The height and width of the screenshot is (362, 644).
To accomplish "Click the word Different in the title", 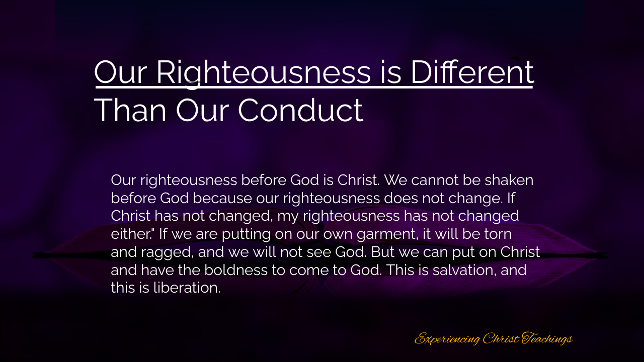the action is click(472, 72).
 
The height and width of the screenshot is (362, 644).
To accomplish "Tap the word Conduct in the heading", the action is click(301, 110).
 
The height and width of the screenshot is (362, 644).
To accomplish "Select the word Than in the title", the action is click(130, 110).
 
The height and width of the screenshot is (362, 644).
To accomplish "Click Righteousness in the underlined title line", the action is click(264, 73).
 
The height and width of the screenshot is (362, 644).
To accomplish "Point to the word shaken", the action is click(509, 180).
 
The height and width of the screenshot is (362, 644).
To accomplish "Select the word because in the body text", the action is click(222, 198).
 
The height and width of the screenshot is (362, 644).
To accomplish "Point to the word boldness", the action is click(236, 270).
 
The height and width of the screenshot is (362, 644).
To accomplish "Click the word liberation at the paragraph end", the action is click(187, 288).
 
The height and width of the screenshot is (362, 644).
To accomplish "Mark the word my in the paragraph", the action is click(288, 217).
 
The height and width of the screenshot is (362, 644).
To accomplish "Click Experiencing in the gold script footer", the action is click(447, 339).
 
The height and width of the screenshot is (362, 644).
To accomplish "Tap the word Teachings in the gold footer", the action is click(547, 338).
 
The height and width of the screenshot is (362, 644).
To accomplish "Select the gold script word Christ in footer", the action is click(501, 338).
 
